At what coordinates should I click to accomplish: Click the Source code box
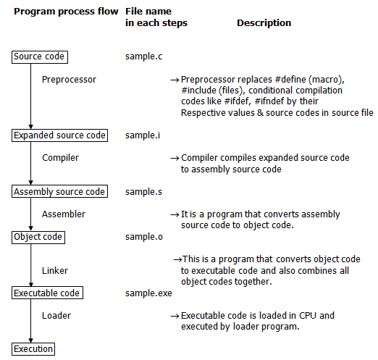coord(39,56)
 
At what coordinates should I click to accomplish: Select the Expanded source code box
coord(60,135)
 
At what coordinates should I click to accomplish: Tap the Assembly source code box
coord(59,192)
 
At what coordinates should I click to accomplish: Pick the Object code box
coord(38,237)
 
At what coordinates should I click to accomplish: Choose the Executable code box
coord(47,293)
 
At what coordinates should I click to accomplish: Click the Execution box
coord(33,349)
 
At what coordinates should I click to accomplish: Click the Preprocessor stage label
coord(69,78)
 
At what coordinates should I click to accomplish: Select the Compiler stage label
coord(60,157)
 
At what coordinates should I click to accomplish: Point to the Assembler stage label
coord(63,214)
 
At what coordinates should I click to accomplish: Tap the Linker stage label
coord(55,271)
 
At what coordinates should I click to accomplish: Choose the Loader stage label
coord(56,316)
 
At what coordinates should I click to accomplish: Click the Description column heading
coord(264,23)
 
